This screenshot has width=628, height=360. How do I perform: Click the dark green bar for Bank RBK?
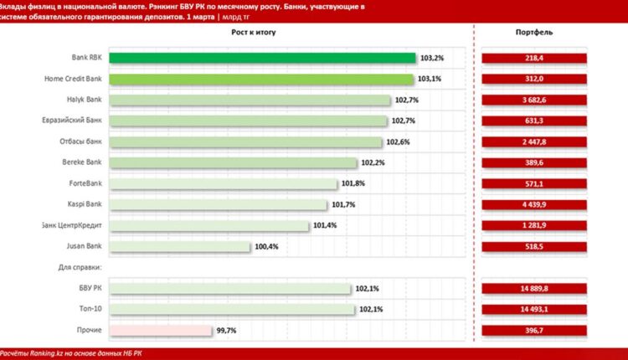262,58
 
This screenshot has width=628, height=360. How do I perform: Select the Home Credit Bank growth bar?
261,79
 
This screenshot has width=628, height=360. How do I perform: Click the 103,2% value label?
432,58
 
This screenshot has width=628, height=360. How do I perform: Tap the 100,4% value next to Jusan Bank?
267,246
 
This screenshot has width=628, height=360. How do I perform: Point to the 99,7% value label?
226,331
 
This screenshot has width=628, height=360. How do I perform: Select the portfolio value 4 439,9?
533,204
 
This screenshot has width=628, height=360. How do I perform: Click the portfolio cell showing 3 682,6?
533,100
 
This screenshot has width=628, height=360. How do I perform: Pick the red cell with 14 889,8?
533,289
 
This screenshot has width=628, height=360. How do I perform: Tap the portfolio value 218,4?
533,58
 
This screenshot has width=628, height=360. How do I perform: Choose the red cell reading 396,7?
533,331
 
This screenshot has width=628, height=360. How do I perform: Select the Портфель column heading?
533,32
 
